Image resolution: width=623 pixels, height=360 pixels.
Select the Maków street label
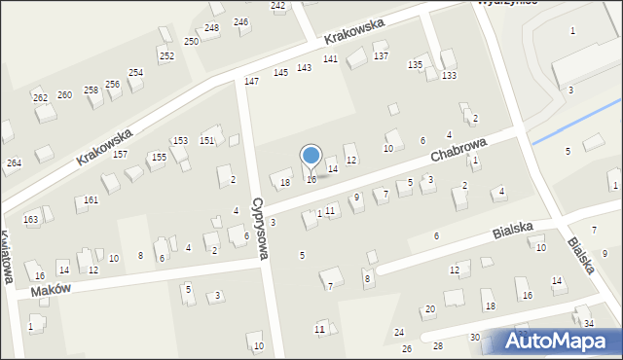click(x=52, y=290)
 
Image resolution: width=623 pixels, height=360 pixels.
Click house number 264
click(x=14, y=162)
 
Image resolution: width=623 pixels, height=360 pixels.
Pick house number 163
click(x=31, y=220)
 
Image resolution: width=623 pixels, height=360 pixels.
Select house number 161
click(x=91, y=199)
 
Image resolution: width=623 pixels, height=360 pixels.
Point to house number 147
click(x=251, y=81)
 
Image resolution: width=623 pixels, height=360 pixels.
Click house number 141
click(x=331, y=59)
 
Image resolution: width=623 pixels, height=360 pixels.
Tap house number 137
click(x=382, y=56)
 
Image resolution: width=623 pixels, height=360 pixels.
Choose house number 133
click(x=449, y=75)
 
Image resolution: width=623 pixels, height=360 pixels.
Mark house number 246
click(x=240, y=21)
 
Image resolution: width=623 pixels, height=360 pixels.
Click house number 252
click(x=166, y=55)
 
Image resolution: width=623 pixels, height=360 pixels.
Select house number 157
click(x=120, y=154)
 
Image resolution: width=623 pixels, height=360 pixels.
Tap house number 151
click(x=207, y=141)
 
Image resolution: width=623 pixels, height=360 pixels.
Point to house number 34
click(x=588, y=323)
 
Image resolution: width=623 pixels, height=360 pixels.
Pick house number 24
click(x=399, y=333)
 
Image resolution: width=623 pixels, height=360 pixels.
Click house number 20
click(x=429, y=309)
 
